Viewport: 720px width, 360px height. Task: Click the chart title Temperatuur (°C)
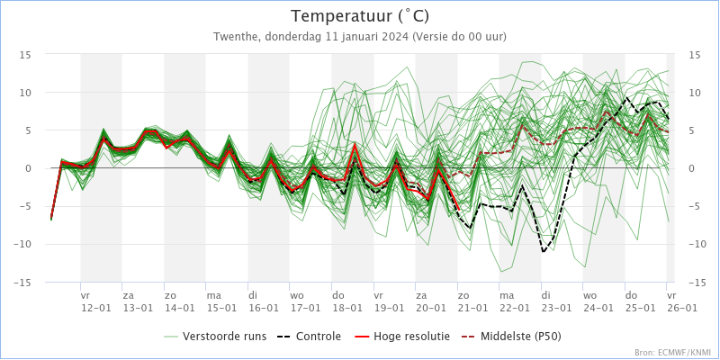(360, 16)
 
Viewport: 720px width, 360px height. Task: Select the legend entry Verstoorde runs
(224, 337)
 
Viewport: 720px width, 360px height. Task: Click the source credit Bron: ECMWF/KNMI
(673, 353)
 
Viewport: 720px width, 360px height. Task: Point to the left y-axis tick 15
(27, 55)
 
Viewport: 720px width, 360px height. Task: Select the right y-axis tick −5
(694, 206)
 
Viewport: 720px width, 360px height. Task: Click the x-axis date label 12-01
(96, 308)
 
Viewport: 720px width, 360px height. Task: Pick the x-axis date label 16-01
(264, 308)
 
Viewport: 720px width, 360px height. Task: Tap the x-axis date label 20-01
(431, 308)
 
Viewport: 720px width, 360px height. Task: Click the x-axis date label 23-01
(556, 308)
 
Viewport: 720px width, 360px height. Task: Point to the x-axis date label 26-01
(681, 308)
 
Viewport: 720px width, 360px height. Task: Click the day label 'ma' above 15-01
(213, 295)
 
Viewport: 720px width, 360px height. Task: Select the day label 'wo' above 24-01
(589, 295)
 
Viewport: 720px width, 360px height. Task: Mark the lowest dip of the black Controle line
(544, 251)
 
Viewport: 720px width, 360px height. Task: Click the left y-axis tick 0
(29, 168)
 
